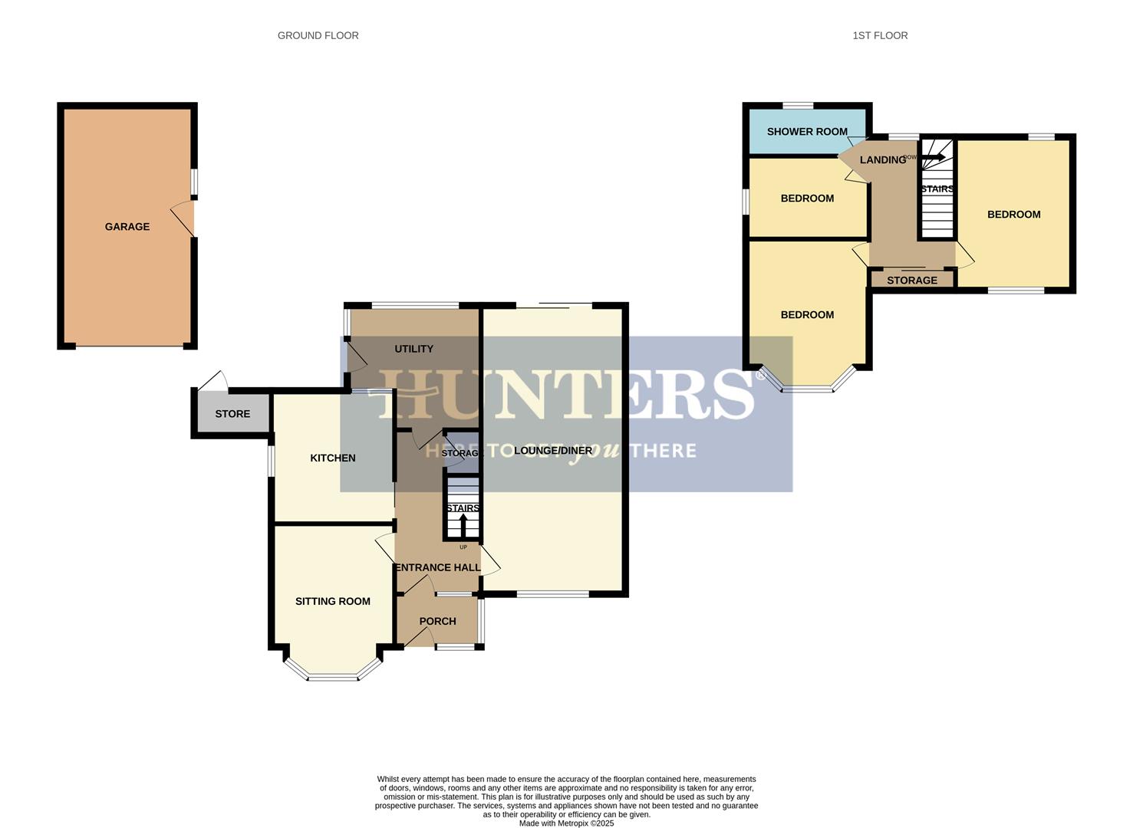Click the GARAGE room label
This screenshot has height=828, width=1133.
click(x=127, y=226)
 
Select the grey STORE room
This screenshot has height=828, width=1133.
click(x=232, y=413)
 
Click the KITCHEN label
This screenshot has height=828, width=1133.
click(x=332, y=458)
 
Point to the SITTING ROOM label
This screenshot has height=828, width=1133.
click(x=333, y=601)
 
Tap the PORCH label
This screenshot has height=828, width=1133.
click(x=437, y=621)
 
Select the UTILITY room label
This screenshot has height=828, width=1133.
click(x=413, y=349)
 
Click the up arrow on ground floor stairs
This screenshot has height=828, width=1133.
click(x=463, y=524)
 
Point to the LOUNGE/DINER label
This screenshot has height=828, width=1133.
click(x=552, y=451)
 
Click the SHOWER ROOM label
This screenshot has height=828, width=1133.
click(x=807, y=131)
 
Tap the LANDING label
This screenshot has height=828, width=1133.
click(x=882, y=159)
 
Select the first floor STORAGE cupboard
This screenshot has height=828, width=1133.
click(x=912, y=280)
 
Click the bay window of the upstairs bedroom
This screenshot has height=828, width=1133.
click(x=807, y=389)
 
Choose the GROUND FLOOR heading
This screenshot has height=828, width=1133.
click(x=318, y=35)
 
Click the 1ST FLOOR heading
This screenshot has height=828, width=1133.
click(x=880, y=35)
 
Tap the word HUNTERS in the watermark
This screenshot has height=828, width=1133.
click(x=566, y=394)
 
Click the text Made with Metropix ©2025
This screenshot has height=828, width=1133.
click(x=566, y=823)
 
